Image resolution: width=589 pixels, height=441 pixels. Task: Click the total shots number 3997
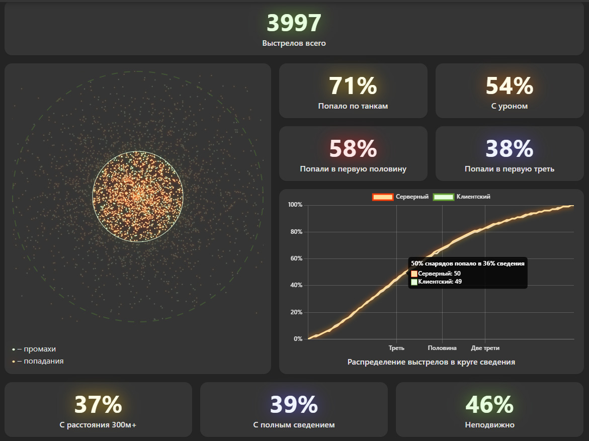[x=294, y=23]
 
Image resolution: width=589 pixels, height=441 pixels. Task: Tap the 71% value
[x=353, y=85]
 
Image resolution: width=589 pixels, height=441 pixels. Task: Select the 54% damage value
[x=509, y=85]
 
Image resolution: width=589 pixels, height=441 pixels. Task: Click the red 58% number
[x=353, y=148]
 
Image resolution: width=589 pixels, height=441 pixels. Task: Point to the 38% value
[x=509, y=148]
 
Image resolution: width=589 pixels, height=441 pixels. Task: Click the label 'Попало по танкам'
[x=353, y=106]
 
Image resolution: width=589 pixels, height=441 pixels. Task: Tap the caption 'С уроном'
[x=509, y=106]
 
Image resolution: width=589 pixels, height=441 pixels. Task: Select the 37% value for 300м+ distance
[x=98, y=404]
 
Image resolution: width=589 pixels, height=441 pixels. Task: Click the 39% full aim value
[x=294, y=404]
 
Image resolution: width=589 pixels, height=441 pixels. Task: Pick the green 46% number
[x=489, y=404]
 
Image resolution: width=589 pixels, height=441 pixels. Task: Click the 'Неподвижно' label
[x=489, y=425]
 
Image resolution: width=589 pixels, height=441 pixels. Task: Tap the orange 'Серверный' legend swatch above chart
[x=382, y=197]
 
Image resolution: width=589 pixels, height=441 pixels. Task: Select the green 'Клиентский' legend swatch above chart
[x=443, y=197]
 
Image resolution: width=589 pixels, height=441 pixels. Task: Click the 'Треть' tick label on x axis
[x=396, y=348]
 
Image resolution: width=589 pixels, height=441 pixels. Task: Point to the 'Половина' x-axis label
[x=442, y=348]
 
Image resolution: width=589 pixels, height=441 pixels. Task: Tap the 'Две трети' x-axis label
[x=485, y=348]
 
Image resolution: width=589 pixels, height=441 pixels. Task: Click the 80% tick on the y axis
[x=295, y=232]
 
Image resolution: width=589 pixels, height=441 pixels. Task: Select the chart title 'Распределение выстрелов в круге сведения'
[x=431, y=362]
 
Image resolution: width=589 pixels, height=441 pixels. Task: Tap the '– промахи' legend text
[x=37, y=349]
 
